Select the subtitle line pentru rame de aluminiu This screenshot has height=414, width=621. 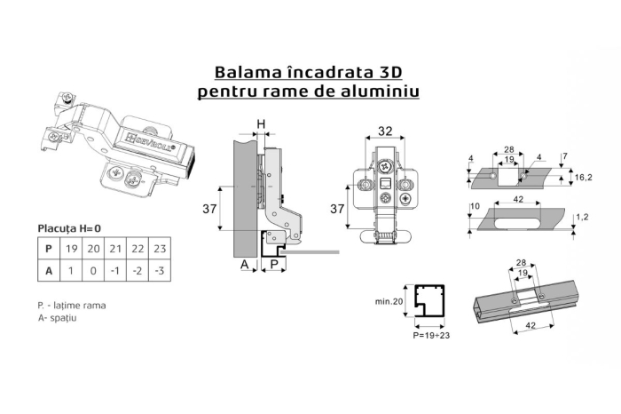(310, 91)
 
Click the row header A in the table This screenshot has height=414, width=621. (49, 272)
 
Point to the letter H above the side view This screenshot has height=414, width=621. (261, 123)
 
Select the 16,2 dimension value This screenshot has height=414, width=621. (583, 178)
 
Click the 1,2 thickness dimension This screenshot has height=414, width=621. (583, 216)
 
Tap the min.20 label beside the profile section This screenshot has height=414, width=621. (389, 302)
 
